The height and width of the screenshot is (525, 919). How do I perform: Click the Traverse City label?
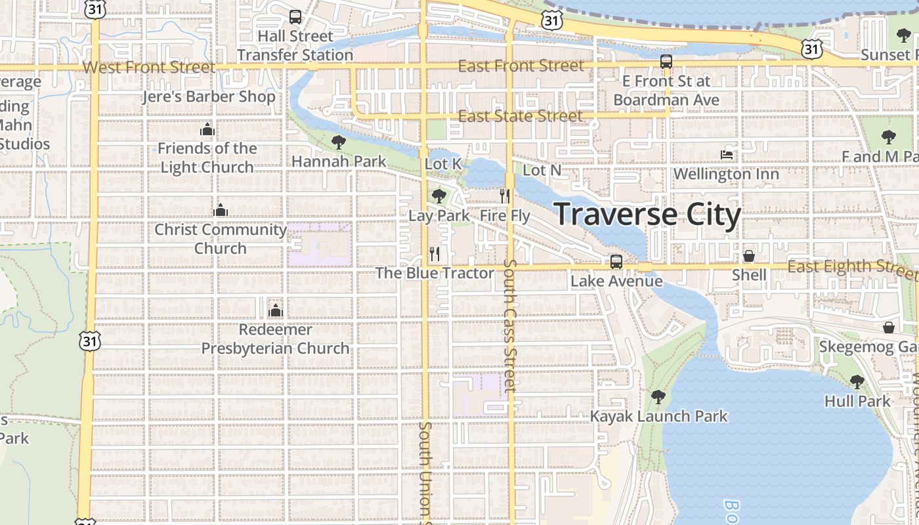648,215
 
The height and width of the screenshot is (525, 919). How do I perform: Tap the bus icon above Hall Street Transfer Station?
295,17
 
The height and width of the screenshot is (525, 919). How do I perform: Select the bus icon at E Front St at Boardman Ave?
666,62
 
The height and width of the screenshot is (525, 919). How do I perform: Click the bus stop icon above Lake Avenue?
616,261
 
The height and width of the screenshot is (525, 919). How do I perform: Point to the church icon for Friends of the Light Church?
207,129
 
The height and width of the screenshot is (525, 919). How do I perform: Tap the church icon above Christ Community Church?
221,210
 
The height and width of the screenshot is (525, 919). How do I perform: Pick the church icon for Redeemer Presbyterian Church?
276,310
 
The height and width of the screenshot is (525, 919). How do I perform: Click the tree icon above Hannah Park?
339,142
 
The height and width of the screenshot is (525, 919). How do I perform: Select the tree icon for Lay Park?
439,196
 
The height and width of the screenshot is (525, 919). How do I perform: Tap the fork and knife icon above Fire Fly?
505,196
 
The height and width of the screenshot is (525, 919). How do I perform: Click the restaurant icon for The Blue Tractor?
435,253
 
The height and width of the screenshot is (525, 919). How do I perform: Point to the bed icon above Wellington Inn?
727,155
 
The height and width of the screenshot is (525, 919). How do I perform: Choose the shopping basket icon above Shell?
749,256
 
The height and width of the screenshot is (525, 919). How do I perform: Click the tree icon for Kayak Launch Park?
658,396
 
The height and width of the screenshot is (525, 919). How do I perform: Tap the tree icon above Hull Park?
857,381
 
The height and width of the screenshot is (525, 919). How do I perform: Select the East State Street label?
520,116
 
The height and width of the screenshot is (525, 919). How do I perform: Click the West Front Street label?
149,67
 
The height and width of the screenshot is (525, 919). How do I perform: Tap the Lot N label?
542,171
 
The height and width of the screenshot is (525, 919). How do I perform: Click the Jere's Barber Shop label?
209,97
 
